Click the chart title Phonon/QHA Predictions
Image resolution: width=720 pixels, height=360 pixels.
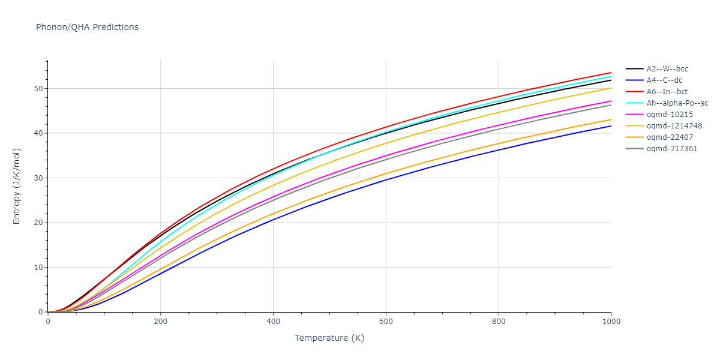87,27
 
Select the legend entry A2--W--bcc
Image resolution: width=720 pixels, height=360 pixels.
667,69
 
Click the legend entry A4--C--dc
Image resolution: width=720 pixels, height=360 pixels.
664,80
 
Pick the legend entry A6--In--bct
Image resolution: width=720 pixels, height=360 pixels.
666,92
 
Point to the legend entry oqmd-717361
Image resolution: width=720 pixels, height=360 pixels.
668,149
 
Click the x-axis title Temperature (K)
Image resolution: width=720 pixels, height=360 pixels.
329,338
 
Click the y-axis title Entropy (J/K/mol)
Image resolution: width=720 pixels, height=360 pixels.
17,186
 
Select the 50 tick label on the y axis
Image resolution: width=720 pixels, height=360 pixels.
39,89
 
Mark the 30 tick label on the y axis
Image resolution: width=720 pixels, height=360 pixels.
39,178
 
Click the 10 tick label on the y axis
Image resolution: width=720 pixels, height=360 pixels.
39,268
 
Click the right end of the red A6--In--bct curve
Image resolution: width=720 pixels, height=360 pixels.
611,73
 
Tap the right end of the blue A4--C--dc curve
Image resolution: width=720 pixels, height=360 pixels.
611,126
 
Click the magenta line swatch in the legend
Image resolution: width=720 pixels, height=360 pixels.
635,115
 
